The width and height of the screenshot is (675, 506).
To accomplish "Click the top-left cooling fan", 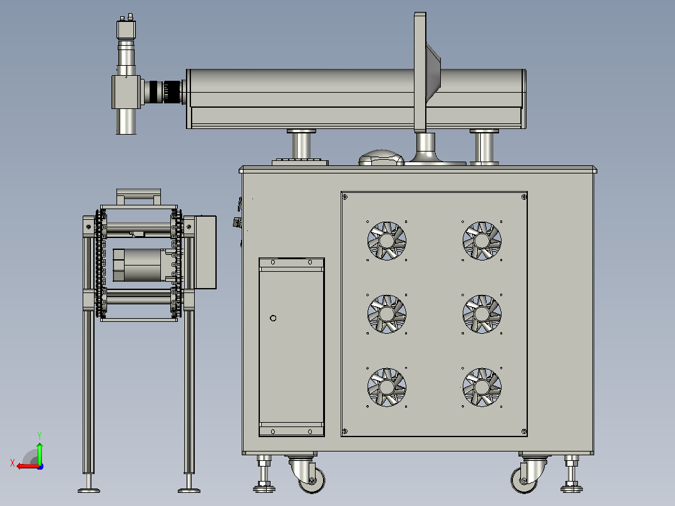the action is click(386, 240).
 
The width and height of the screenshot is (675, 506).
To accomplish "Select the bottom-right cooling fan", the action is click(482, 387).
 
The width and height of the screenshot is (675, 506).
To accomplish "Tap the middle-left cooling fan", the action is click(386, 314).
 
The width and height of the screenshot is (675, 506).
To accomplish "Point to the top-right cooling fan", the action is click(482, 240).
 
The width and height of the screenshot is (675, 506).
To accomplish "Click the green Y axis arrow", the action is click(39, 452).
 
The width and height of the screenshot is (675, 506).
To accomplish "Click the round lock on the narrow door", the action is click(273, 318).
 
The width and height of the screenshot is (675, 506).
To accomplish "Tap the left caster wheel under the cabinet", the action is click(312, 480).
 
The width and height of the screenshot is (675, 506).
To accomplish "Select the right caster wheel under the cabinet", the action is click(524, 480).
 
